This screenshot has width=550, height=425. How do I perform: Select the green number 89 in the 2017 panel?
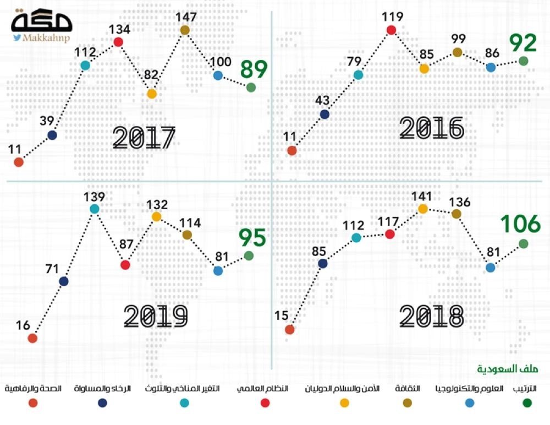point(254,70)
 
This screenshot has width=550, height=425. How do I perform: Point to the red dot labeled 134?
point(118,42)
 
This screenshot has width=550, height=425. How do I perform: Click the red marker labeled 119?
point(392,30)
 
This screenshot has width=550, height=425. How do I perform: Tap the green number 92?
point(522,43)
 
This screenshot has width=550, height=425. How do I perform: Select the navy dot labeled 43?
point(324,115)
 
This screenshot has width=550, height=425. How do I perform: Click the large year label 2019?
point(156,316)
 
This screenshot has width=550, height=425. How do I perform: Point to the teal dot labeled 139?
point(95,209)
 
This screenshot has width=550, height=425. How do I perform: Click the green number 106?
point(520,224)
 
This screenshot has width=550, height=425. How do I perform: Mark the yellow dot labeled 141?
point(423,209)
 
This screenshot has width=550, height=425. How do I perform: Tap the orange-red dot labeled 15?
point(290,330)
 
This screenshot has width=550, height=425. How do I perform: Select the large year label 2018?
point(432,316)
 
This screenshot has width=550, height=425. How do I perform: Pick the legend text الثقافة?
point(408,389)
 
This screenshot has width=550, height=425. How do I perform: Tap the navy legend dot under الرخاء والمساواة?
point(102,403)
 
